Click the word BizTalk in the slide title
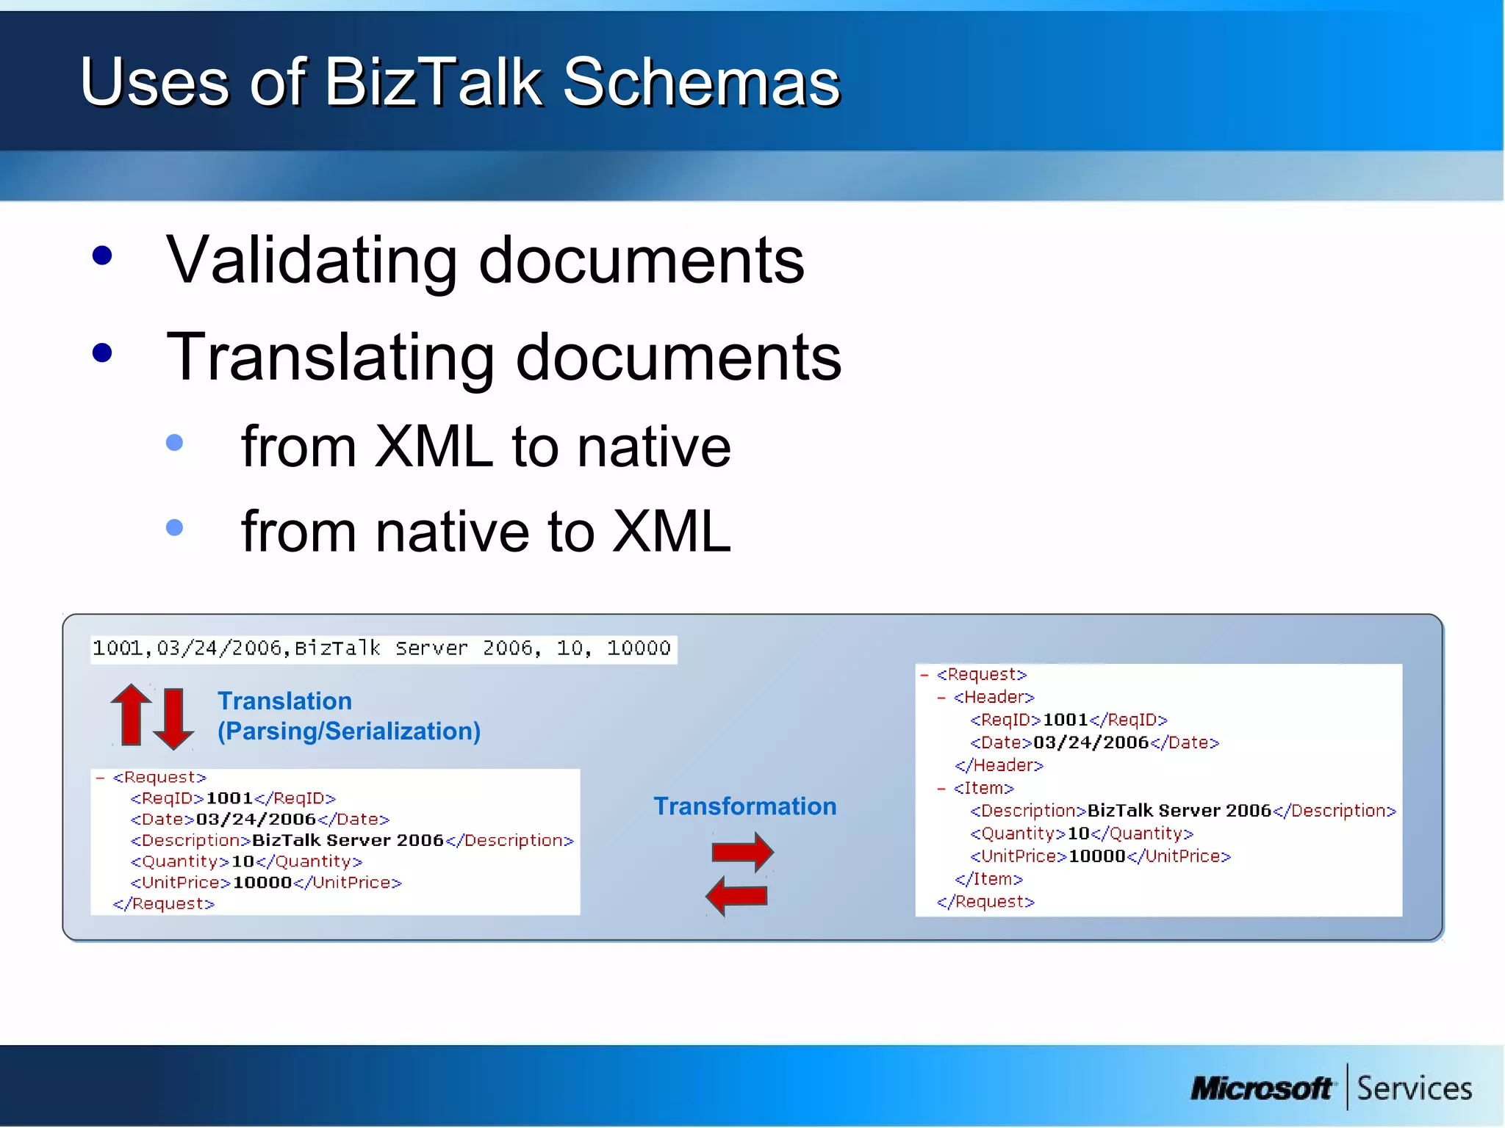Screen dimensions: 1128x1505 click(x=433, y=82)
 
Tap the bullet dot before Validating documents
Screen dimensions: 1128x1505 click(x=102, y=256)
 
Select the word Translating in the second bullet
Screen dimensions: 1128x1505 click(x=331, y=358)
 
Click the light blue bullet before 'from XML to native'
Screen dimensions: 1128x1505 click(x=174, y=442)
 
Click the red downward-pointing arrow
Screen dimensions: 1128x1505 click(x=173, y=718)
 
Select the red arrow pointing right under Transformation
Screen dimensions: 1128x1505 click(x=741, y=852)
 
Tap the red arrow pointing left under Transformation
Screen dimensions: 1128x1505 click(x=736, y=895)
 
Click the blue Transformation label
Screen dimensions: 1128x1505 click(x=744, y=806)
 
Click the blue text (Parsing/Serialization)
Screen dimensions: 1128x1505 click(x=349, y=731)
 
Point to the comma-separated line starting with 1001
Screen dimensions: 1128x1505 click(x=382, y=648)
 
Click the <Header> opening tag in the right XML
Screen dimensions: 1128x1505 click(x=994, y=697)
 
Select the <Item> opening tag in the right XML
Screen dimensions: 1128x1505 click(x=983, y=788)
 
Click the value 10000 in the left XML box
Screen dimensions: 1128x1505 click(x=262, y=883)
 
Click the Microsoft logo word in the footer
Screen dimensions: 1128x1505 click(x=1261, y=1088)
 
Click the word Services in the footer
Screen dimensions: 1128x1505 click(x=1414, y=1088)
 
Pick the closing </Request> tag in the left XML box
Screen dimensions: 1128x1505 click(x=164, y=904)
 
